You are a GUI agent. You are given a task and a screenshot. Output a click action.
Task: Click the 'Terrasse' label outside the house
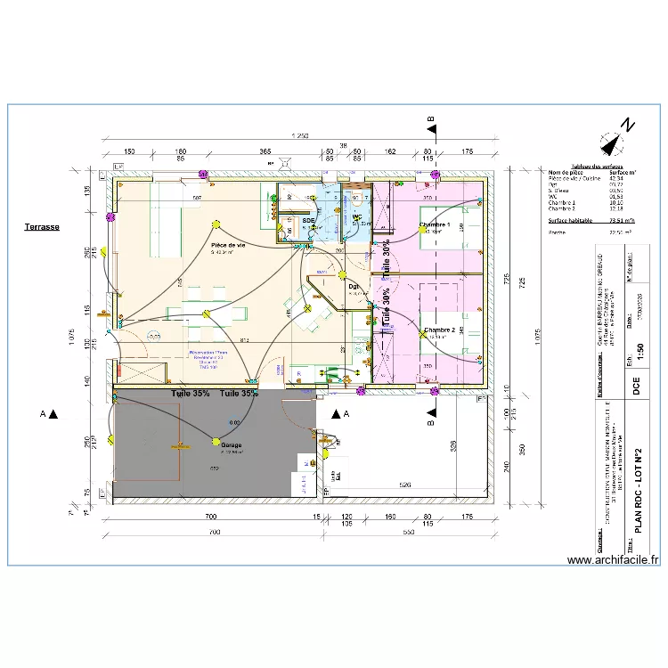click(42, 227)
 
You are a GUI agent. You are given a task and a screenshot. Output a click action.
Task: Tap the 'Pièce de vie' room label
click(228, 245)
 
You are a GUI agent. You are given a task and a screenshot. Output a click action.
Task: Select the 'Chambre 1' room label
click(436, 224)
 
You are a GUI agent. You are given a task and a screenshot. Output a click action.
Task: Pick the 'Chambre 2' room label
click(439, 330)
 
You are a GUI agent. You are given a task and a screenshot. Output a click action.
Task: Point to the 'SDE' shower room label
click(308, 219)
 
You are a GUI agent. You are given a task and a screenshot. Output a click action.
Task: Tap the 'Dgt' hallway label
click(354, 287)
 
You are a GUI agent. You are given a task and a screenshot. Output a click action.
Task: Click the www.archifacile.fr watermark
click(612, 560)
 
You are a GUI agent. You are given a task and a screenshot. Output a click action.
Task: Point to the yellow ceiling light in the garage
click(215, 441)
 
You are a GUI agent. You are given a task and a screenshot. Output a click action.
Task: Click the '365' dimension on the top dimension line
click(265, 152)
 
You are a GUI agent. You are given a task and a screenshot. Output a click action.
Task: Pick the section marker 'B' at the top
click(430, 119)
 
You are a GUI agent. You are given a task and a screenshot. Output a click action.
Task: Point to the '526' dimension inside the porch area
click(404, 485)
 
